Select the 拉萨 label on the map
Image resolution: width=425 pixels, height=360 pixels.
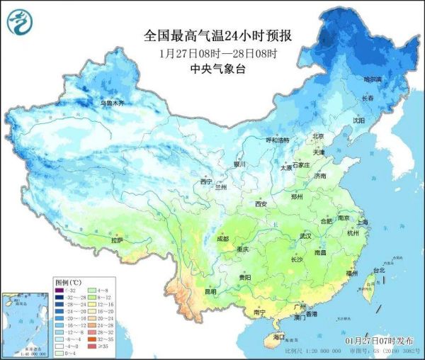[116, 240]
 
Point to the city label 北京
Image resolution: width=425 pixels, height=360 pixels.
[318, 137]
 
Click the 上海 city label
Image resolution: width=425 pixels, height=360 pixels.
[362, 222]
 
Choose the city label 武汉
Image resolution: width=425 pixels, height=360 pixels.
[306, 235]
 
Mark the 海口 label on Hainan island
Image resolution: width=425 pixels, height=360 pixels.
[281, 339]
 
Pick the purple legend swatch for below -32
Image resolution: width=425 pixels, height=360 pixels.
[60, 291]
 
